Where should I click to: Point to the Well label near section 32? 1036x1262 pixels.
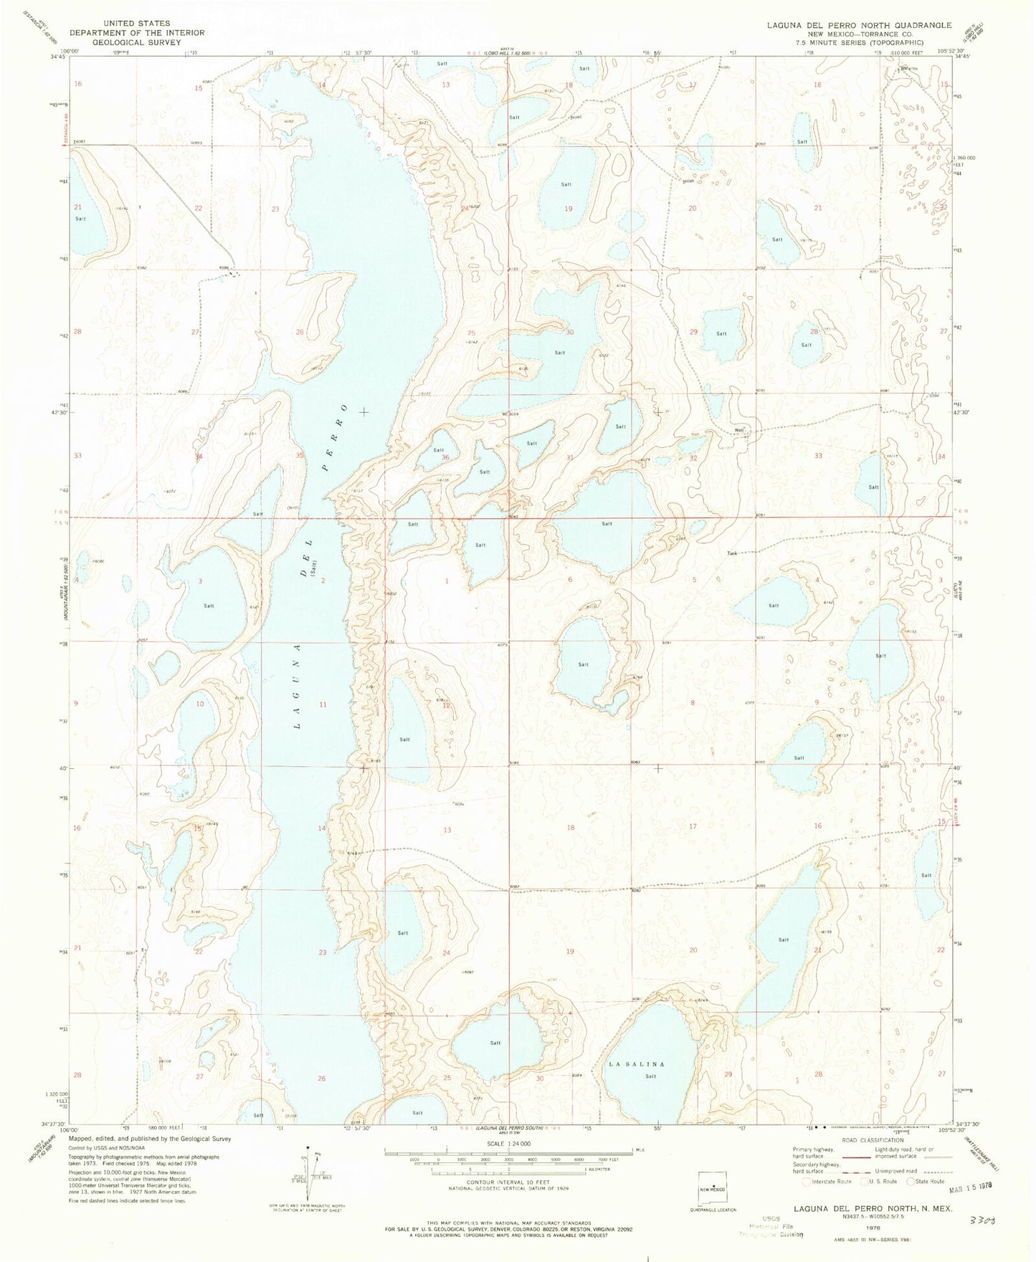[x=738, y=431]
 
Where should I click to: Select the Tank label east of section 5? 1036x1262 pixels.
[x=732, y=553]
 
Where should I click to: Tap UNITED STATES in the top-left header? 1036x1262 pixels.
[x=136, y=23]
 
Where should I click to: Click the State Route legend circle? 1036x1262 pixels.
[x=912, y=1181]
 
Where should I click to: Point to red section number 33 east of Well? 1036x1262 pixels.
[x=817, y=455]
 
